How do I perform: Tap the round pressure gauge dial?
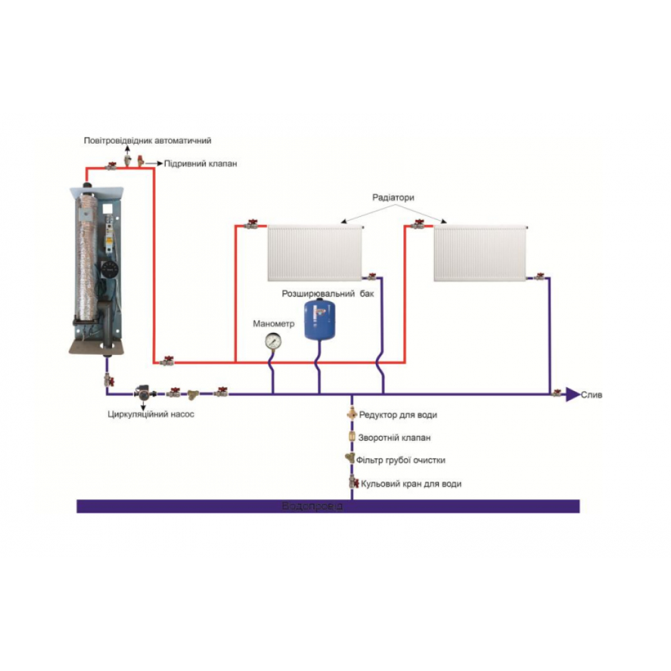(272, 341)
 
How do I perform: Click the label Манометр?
(274, 323)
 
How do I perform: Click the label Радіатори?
(393, 198)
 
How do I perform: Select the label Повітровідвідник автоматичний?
(148, 141)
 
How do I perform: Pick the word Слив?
(591, 395)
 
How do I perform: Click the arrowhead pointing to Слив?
(571, 394)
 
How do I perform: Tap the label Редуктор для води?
(398, 415)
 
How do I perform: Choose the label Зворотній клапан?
(395, 437)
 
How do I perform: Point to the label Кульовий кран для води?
(411, 483)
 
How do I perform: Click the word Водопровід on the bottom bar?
(313, 506)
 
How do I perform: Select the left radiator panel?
(314, 254)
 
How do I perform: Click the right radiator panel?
(479, 254)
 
